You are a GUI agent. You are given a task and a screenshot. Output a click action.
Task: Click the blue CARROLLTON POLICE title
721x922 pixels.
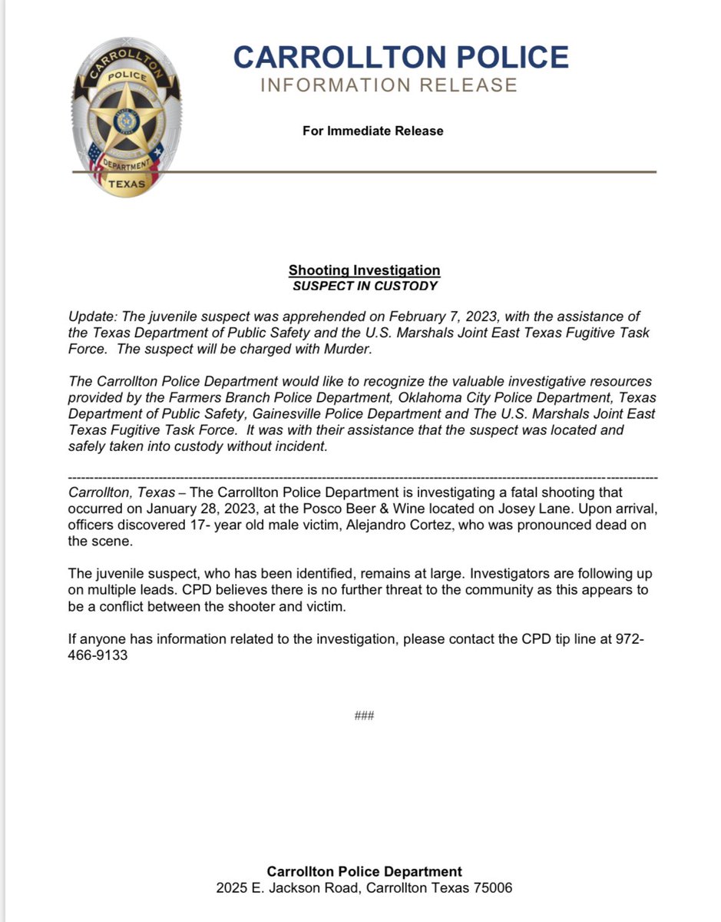[401, 57]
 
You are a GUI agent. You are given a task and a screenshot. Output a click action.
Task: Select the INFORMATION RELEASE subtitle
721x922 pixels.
[389, 85]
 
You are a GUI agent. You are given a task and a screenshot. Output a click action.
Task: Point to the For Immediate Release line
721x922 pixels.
[372, 131]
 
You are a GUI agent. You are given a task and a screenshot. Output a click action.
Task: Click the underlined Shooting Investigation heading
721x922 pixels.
[364, 270]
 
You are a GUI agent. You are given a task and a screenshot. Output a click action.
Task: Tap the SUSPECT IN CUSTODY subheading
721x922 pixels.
[364, 286]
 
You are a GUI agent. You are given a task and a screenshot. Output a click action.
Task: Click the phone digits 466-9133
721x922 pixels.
[97, 658]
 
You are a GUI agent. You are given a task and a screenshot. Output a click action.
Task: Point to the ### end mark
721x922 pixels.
[364, 716]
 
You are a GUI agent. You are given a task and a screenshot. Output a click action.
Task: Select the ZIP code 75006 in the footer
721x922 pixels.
[491, 888]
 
